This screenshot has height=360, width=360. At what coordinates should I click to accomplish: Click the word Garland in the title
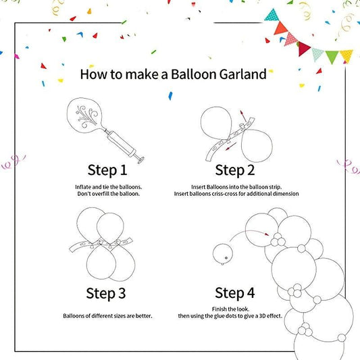242,74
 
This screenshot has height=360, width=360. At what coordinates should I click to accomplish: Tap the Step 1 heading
107,170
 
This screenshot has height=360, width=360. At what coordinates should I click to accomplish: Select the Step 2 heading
235,170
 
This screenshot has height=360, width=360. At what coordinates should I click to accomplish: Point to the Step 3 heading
106,293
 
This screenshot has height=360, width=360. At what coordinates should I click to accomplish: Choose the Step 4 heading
235,292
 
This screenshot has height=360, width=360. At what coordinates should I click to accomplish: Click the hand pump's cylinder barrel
121,143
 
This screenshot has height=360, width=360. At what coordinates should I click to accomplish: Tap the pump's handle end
141,160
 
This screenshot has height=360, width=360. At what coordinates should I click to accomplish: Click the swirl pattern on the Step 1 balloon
86,116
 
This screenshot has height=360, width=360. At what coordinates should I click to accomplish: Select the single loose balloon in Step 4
222,255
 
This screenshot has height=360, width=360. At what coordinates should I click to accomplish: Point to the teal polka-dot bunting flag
272,16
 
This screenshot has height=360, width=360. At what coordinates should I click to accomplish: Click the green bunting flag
332,56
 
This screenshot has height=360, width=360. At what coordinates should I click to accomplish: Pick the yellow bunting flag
346,56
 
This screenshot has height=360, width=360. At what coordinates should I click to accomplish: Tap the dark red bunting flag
303,49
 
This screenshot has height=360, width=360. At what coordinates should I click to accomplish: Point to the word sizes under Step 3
119,316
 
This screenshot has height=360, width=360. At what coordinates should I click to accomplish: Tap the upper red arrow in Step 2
243,116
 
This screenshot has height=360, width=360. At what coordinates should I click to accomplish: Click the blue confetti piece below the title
170,96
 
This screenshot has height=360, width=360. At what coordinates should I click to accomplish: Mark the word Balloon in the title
194,74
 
